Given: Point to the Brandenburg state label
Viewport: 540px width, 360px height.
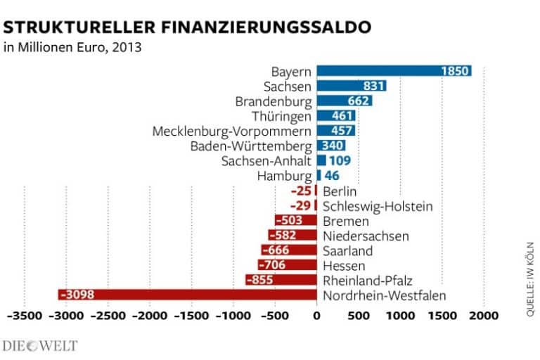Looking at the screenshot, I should [x=274, y=101].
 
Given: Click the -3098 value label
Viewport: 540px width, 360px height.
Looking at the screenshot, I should [x=77, y=295].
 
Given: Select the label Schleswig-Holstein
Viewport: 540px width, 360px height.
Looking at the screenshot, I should [x=377, y=206].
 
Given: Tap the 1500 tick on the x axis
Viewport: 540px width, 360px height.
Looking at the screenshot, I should [x=442, y=317].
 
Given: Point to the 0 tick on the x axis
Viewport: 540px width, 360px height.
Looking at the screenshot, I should [x=317, y=317].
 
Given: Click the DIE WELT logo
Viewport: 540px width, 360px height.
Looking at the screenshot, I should [x=40, y=345].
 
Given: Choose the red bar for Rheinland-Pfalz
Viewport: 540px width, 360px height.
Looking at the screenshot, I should [x=281, y=280].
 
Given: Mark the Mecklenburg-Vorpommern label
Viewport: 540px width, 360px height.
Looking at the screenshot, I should [x=232, y=131].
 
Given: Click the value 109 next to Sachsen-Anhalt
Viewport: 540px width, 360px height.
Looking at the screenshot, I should [x=340, y=160].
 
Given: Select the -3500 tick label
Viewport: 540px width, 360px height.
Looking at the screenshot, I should [x=25, y=317].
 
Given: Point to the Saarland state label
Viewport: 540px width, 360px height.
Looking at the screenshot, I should [x=347, y=250].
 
